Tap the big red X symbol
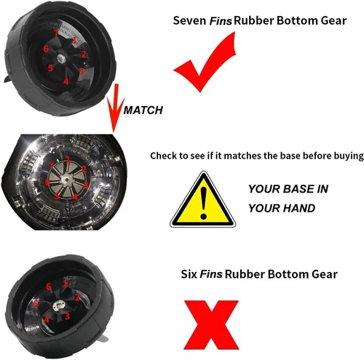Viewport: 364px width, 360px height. coord(211,324)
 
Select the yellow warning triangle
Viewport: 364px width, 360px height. coord(202,200)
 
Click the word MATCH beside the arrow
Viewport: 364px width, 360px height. coord(143,111)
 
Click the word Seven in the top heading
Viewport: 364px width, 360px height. coord(189,20)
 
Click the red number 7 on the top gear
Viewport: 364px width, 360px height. coord(56,33)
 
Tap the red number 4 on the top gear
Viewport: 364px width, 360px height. coord(66,81)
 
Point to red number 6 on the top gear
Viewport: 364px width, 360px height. coord(46,49)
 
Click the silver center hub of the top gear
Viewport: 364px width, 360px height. coord(60,58)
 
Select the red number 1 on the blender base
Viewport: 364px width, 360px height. coord(68,159)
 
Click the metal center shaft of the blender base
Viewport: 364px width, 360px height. coord(66,180)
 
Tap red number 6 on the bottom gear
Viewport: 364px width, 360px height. coord(49,287)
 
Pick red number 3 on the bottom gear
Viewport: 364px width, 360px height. coord(67,316)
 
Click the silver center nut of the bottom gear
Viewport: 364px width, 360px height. coord(58,305)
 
